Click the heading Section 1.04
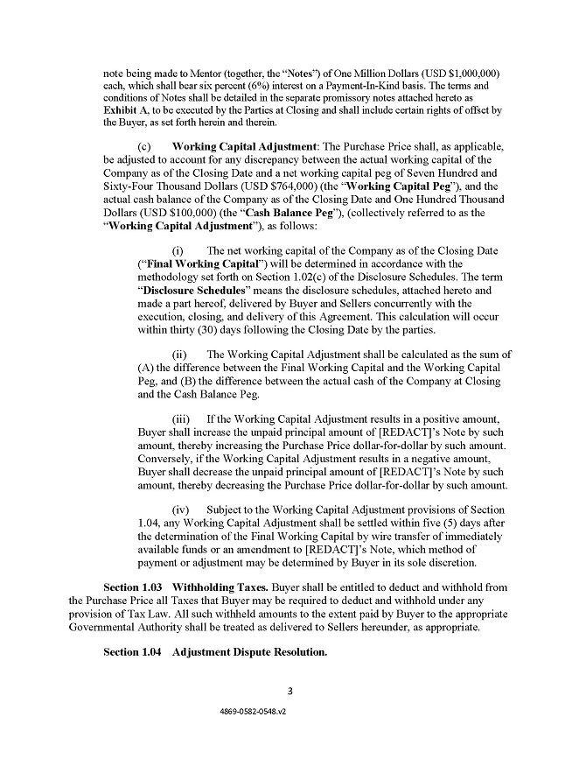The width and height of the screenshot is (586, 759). click(x=132, y=652)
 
